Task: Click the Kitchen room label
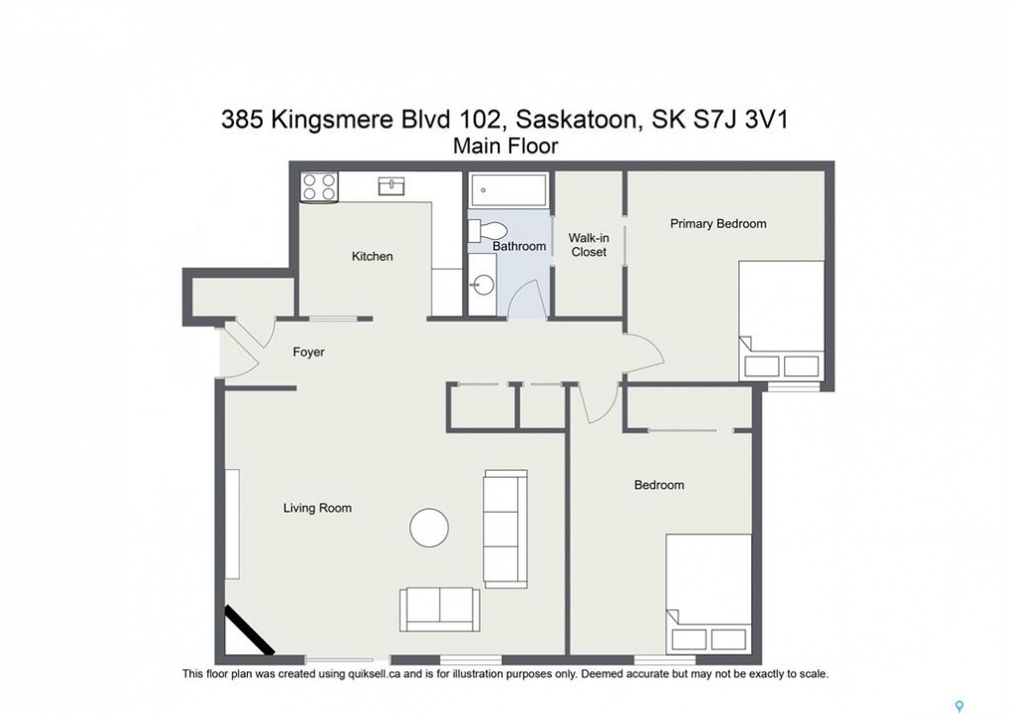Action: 373,257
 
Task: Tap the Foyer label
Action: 308,352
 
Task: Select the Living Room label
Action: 317,508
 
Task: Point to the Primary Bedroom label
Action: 719,223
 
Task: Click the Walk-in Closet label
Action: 589,245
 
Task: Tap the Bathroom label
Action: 519,246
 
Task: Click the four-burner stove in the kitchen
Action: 319,186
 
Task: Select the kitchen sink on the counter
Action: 392,186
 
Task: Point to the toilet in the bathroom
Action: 488,230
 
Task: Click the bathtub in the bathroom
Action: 508,189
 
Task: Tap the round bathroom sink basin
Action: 483,284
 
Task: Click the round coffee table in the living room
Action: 429,528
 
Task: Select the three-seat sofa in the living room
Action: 505,529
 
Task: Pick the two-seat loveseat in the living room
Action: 440,609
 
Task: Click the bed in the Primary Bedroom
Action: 781,321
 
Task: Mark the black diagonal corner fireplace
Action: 250,630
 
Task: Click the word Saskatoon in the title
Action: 579,120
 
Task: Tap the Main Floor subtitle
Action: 505,147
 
